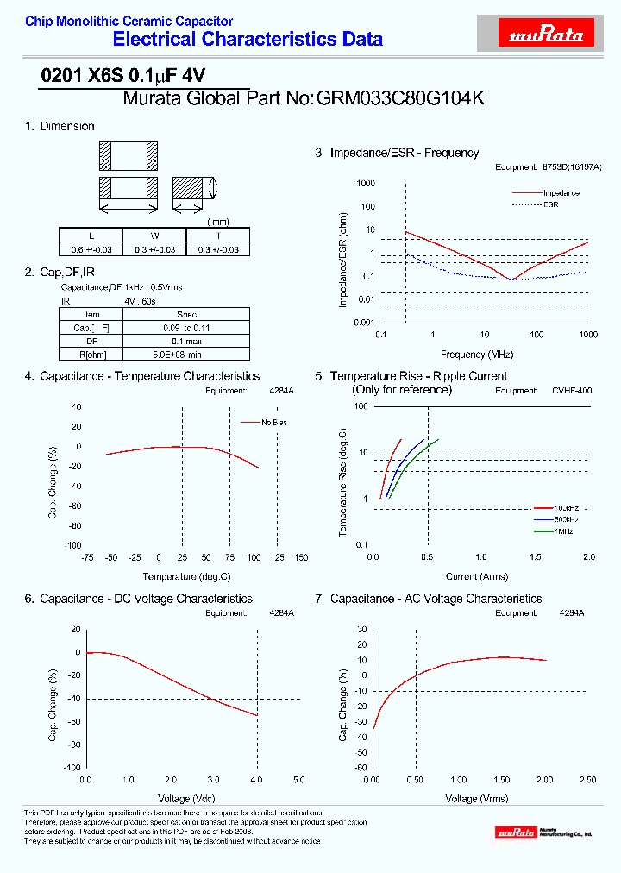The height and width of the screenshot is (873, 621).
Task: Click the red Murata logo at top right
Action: [547, 35]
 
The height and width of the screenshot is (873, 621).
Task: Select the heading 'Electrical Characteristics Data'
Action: [248, 40]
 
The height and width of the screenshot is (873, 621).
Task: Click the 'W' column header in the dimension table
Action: [155, 236]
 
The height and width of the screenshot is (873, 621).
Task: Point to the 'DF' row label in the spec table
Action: [91, 341]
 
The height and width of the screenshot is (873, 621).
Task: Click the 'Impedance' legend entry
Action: [561, 192]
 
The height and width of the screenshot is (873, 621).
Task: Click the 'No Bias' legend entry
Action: [275, 422]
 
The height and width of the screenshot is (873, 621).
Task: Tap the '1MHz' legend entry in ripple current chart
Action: [565, 531]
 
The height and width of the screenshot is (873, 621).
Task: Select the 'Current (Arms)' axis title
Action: [476, 575]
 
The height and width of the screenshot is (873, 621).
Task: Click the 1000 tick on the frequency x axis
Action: [588, 334]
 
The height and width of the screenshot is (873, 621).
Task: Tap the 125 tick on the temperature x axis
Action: [277, 558]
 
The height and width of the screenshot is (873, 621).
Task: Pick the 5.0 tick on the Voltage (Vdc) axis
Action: [298, 780]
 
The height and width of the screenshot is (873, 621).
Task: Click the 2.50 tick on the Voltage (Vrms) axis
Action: [588, 780]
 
